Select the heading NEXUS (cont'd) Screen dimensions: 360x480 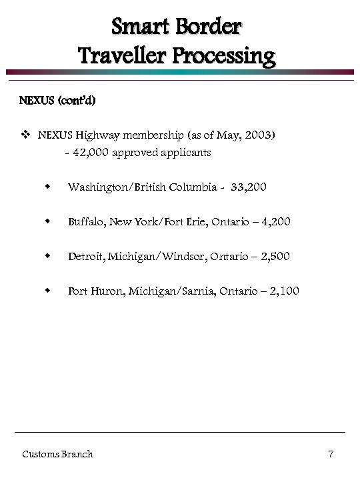pos(57,101)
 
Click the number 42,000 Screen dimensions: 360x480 pos(91,153)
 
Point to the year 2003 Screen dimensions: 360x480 pos(259,135)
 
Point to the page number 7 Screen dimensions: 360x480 pos(331,455)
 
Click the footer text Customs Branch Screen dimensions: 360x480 pos(57,455)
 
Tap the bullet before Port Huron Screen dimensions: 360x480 pos(48,291)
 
